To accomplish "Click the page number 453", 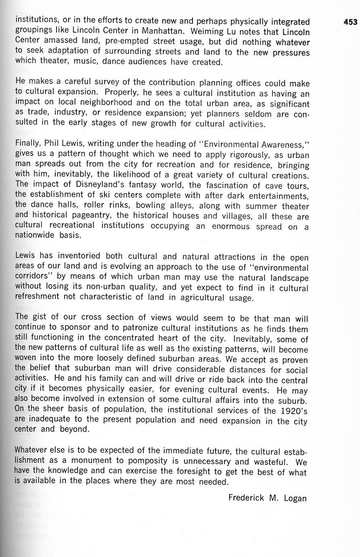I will [350, 22].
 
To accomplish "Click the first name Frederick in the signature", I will [246, 498].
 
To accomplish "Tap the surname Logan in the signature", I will [295, 498].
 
